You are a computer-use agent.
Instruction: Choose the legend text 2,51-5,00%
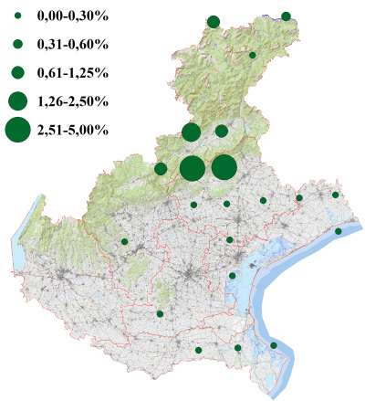coord(72,131)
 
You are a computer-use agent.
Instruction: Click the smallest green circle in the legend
coord(17,16)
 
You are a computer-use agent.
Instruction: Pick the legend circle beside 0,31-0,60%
coord(17,44)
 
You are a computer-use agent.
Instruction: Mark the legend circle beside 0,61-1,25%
coord(17,71)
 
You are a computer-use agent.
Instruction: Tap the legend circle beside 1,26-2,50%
coord(17,100)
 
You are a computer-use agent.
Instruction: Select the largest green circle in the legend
coord(17,131)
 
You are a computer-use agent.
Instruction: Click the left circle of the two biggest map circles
coord(192,168)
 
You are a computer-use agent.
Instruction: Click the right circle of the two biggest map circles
coord(224,167)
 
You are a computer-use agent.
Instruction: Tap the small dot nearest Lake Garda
coord(124,241)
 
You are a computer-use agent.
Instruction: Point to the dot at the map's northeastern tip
coord(286,16)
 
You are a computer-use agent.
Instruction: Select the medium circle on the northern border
coord(214,21)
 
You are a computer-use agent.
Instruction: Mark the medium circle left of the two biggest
coord(161,168)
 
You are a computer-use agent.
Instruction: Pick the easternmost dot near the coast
coord(339,231)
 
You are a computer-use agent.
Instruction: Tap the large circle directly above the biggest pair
coord(191,132)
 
